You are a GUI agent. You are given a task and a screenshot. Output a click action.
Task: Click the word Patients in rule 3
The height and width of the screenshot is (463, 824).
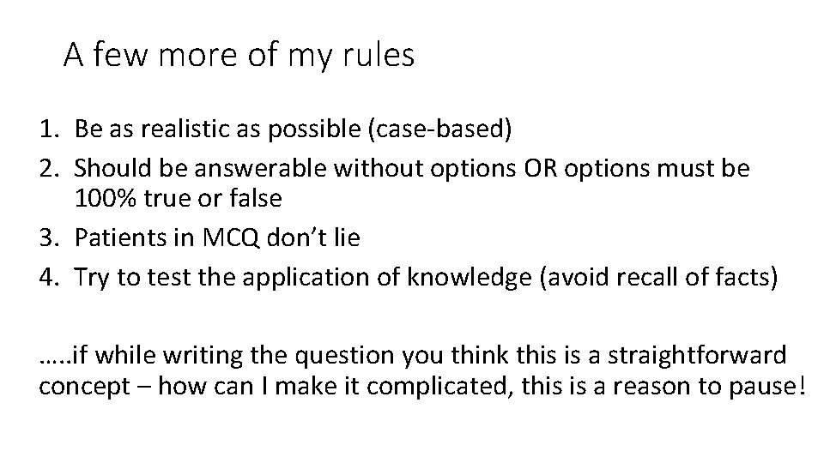pyautogui.click(x=117, y=238)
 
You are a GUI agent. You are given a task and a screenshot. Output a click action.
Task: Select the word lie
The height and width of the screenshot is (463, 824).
pyautogui.click(x=345, y=238)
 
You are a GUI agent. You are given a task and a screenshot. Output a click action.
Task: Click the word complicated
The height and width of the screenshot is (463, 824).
pyautogui.click(x=469, y=384)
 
